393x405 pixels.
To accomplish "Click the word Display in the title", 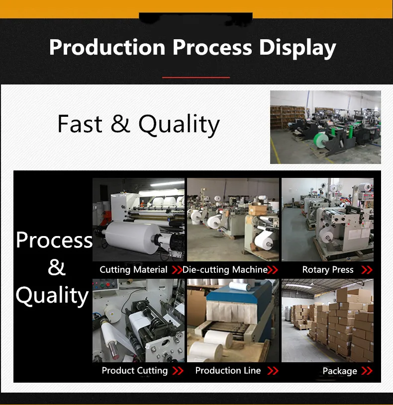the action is point(297,48).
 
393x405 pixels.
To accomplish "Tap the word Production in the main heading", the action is point(107,47).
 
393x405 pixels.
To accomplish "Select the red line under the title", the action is point(196,77).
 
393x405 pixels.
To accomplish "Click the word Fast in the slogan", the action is point(80,124).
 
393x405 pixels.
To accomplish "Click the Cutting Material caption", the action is point(133,270).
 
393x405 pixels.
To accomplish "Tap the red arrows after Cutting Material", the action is point(177,270).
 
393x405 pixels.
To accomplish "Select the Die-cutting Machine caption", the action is point(225,270).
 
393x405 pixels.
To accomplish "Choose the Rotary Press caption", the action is point(328,270).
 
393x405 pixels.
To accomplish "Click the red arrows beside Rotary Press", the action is point(367,270).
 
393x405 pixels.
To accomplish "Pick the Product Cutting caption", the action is point(135,371).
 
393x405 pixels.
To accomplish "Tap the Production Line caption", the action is point(228,371).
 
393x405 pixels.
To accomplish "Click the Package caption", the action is point(340,371).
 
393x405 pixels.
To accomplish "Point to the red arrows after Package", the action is point(367,371).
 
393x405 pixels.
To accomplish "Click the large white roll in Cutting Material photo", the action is point(133,237).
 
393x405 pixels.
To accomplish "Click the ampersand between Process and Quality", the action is point(56,267).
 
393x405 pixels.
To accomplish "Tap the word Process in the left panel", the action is point(54,240).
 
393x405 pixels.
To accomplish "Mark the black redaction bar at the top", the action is point(196,18).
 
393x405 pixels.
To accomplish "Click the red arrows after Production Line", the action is point(273,371).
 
